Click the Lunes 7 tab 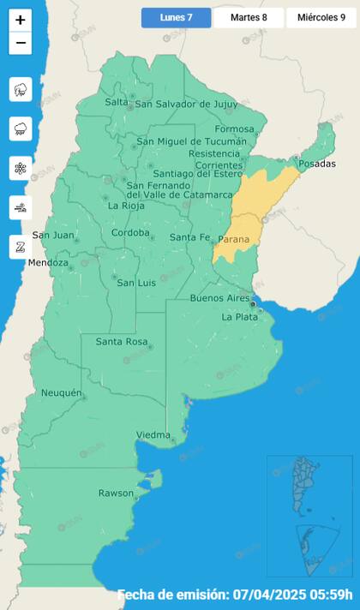(x=176, y=17)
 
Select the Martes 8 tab (x=249, y=17)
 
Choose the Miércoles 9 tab (x=321, y=17)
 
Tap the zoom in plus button (x=21, y=20)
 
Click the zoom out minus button (x=21, y=43)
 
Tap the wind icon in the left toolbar (x=21, y=206)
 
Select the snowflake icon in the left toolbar (x=21, y=168)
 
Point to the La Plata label (x=239, y=317)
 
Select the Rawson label (x=116, y=493)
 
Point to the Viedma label (x=153, y=435)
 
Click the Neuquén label (x=62, y=393)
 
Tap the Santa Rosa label (x=121, y=342)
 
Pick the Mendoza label (x=48, y=263)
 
